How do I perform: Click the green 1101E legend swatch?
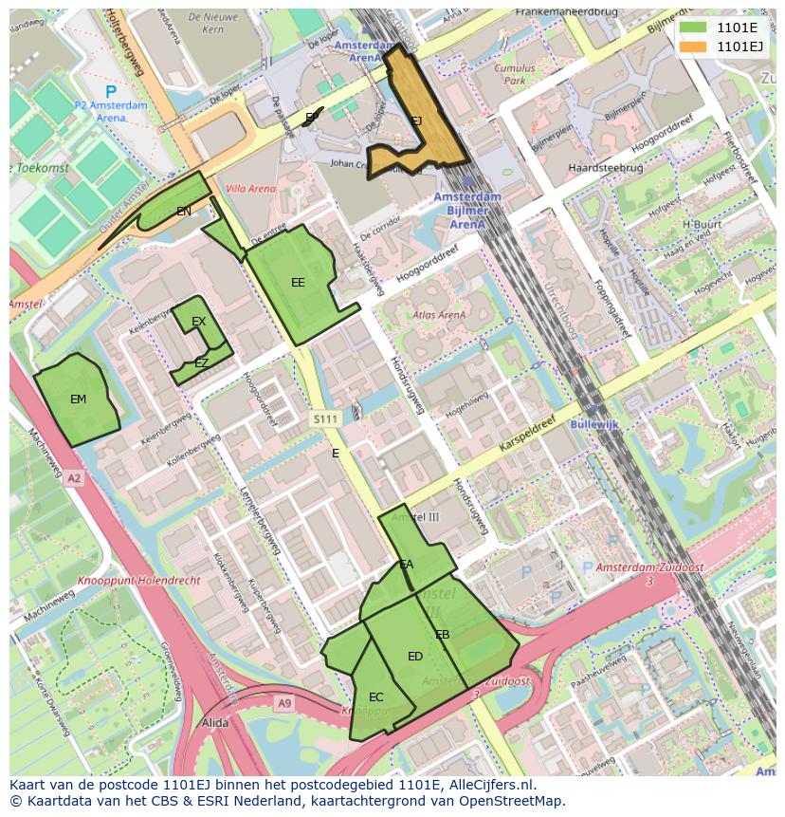693,27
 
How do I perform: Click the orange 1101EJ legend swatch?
693,46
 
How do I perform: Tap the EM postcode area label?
78,399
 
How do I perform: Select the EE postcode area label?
298,283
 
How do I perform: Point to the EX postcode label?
198,322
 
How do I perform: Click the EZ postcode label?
201,363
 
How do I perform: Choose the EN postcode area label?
183,212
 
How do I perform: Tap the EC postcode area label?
376,697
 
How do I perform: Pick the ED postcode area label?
415,657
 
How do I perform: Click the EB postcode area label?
442,635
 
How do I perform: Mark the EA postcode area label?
407,565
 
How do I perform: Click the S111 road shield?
325,418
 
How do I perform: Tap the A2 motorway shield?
74,479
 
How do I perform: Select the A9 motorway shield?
284,703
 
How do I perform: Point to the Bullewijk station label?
593,424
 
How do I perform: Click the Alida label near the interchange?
215,722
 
